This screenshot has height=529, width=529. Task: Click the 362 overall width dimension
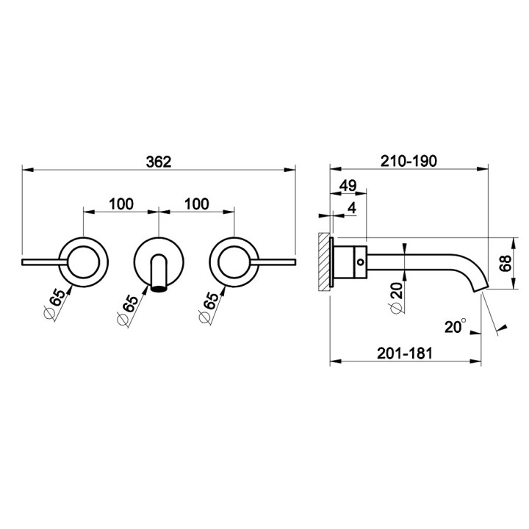click(159, 162)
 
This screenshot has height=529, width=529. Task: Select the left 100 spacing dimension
click(121, 204)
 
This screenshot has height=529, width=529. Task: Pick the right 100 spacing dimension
click(197, 204)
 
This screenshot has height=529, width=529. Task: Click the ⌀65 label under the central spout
click(128, 310)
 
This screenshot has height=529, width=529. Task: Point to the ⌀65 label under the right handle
click(209, 307)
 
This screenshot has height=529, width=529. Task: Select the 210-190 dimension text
click(409, 161)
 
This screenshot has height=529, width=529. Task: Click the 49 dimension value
click(348, 186)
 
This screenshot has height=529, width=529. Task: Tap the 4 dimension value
click(352, 209)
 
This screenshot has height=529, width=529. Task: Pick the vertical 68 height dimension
click(506, 263)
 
